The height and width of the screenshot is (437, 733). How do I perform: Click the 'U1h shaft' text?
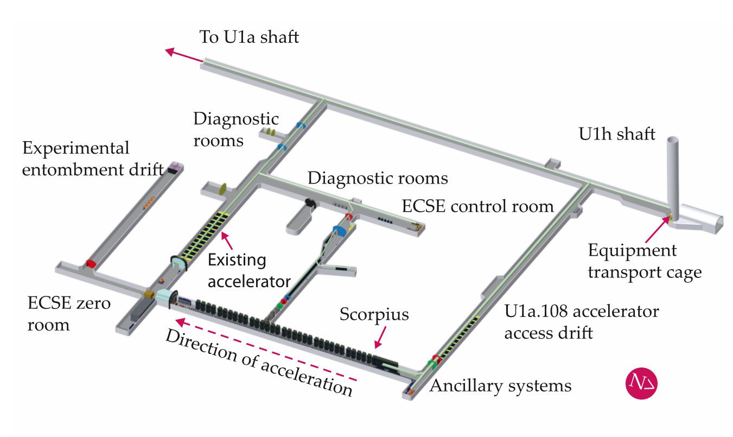coord(617,134)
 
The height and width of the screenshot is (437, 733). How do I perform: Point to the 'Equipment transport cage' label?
coord(645,261)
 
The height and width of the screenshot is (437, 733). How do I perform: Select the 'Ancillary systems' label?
coord(500,385)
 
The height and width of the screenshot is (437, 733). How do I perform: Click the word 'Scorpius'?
coord(374,314)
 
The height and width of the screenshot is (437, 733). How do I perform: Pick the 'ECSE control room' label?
coord(477,206)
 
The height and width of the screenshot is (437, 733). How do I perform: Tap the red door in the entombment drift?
coord(90,264)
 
